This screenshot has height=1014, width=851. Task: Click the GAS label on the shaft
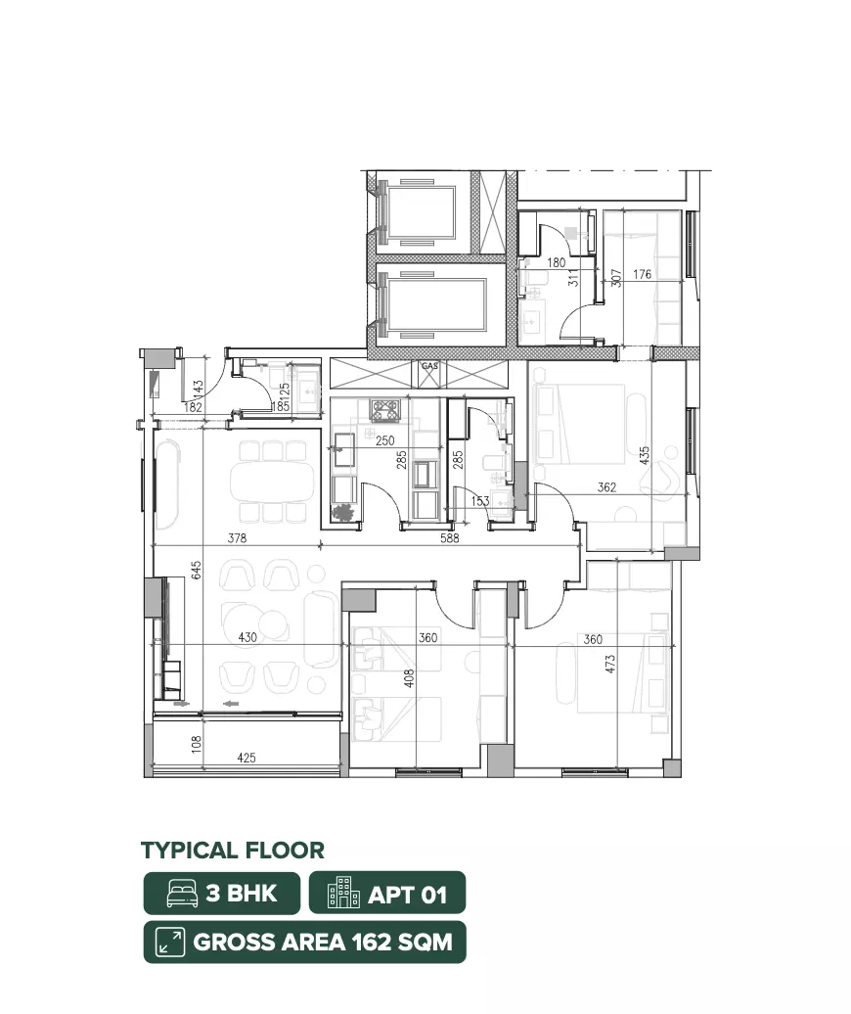click(429, 366)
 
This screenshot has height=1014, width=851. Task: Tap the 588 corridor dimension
click(450, 538)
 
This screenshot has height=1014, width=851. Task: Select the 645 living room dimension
click(197, 570)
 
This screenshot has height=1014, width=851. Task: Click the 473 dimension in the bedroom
click(610, 665)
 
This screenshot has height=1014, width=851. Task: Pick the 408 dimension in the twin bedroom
click(408, 678)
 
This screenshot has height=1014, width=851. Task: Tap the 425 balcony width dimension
click(246, 758)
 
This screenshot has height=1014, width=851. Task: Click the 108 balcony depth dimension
click(197, 744)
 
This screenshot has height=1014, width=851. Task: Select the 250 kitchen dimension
click(385, 440)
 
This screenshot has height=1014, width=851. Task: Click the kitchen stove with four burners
click(384, 409)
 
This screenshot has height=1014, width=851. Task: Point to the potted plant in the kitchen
click(342, 512)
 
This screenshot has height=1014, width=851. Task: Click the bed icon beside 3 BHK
click(183, 894)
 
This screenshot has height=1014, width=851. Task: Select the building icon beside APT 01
click(343, 893)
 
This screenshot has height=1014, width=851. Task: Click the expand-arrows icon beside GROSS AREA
click(170, 942)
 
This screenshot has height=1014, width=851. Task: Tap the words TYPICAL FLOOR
click(233, 851)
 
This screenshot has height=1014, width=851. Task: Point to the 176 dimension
click(643, 274)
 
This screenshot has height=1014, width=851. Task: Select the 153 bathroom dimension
click(480, 501)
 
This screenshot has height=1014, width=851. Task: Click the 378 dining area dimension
click(237, 538)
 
